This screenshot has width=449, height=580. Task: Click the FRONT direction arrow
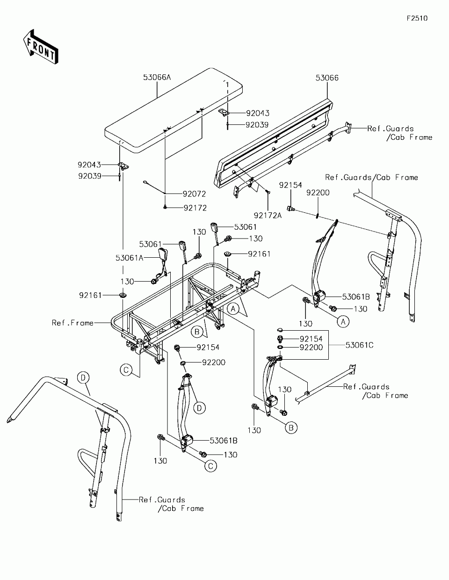pyautogui.click(x=40, y=47)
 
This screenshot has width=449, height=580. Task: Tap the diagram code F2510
pyautogui.click(x=417, y=18)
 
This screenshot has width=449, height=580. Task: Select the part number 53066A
pyautogui.click(x=157, y=77)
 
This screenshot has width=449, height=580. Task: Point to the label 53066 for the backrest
pyautogui.click(x=327, y=78)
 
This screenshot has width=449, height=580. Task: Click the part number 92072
pyautogui.click(x=194, y=194)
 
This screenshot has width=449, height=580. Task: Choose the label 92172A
pyautogui.click(x=268, y=216)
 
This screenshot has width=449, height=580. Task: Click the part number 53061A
pyautogui.click(x=130, y=258)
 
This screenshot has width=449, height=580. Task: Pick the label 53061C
pyautogui.click(x=359, y=345)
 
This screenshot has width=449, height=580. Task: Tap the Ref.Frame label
pyautogui.click(x=72, y=323)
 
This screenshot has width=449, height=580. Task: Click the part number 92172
pyautogui.click(x=195, y=208)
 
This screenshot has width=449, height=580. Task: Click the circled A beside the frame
pyautogui.click(x=233, y=309)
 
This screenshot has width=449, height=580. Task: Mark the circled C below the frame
pyautogui.click(x=126, y=370)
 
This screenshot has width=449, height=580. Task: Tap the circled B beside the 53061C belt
pyautogui.click(x=291, y=428)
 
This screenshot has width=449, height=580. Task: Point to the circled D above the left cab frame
pyautogui.click(x=83, y=377)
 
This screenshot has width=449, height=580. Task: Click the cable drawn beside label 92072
pyautogui.click(x=154, y=187)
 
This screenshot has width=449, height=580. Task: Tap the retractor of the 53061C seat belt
pyautogui.click(x=271, y=401)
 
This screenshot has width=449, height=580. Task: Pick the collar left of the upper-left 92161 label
pyautogui.click(x=123, y=295)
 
